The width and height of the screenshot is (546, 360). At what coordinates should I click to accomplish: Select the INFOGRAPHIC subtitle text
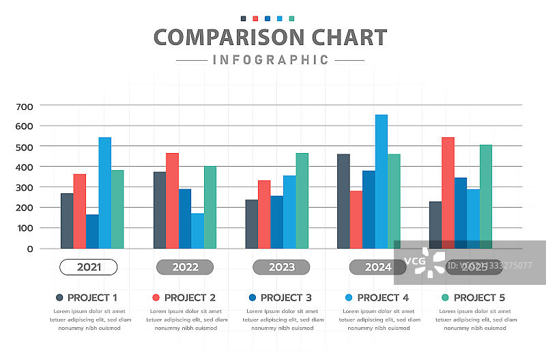(270, 60)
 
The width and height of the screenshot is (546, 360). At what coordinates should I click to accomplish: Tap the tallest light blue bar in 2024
(381, 181)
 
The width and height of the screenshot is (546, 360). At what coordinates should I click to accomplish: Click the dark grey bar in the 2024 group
(343, 201)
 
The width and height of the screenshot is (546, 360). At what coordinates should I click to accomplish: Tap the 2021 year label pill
(89, 267)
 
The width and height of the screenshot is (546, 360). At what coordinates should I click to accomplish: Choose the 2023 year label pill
(281, 267)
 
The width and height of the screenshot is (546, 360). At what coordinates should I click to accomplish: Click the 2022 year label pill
(185, 267)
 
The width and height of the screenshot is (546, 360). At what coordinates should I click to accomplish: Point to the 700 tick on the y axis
(24, 106)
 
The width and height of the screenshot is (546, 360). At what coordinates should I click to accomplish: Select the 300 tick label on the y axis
(24, 187)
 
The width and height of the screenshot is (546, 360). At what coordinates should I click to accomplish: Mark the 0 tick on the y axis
(29, 249)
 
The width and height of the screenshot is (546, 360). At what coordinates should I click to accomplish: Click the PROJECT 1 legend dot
(59, 298)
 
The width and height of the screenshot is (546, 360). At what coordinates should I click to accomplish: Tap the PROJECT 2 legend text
(190, 298)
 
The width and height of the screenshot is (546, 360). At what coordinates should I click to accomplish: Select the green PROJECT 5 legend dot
(445, 298)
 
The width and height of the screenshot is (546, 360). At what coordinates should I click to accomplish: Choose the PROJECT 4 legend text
(383, 298)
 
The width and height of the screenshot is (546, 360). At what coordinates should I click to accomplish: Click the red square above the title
(255, 19)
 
